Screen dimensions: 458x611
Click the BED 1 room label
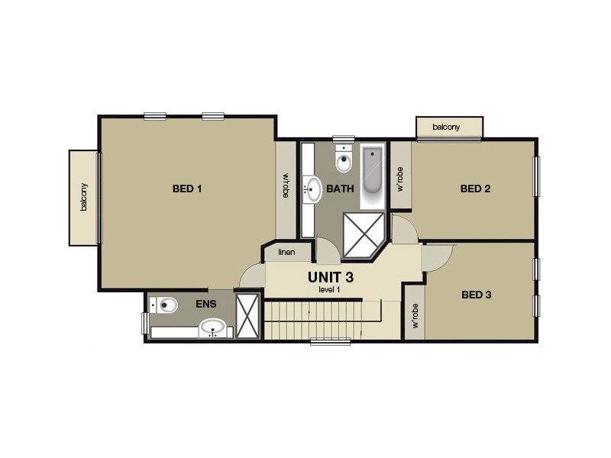click(187, 189)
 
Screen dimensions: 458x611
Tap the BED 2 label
click(475, 189)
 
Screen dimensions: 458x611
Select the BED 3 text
click(477, 294)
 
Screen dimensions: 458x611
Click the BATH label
click(340, 189)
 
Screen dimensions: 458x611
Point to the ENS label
click(206, 304)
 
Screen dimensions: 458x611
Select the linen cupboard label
click(286, 253)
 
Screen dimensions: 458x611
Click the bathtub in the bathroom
click(373, 177)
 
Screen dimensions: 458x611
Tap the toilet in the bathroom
click(344, 162)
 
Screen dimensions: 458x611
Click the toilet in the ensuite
click(165, 306)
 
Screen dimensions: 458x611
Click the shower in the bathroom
click(363, 234)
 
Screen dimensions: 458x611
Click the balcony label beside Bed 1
click(84, 198)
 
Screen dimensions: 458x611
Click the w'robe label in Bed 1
click(286, 186)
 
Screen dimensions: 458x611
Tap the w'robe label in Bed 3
click(415, 314)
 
